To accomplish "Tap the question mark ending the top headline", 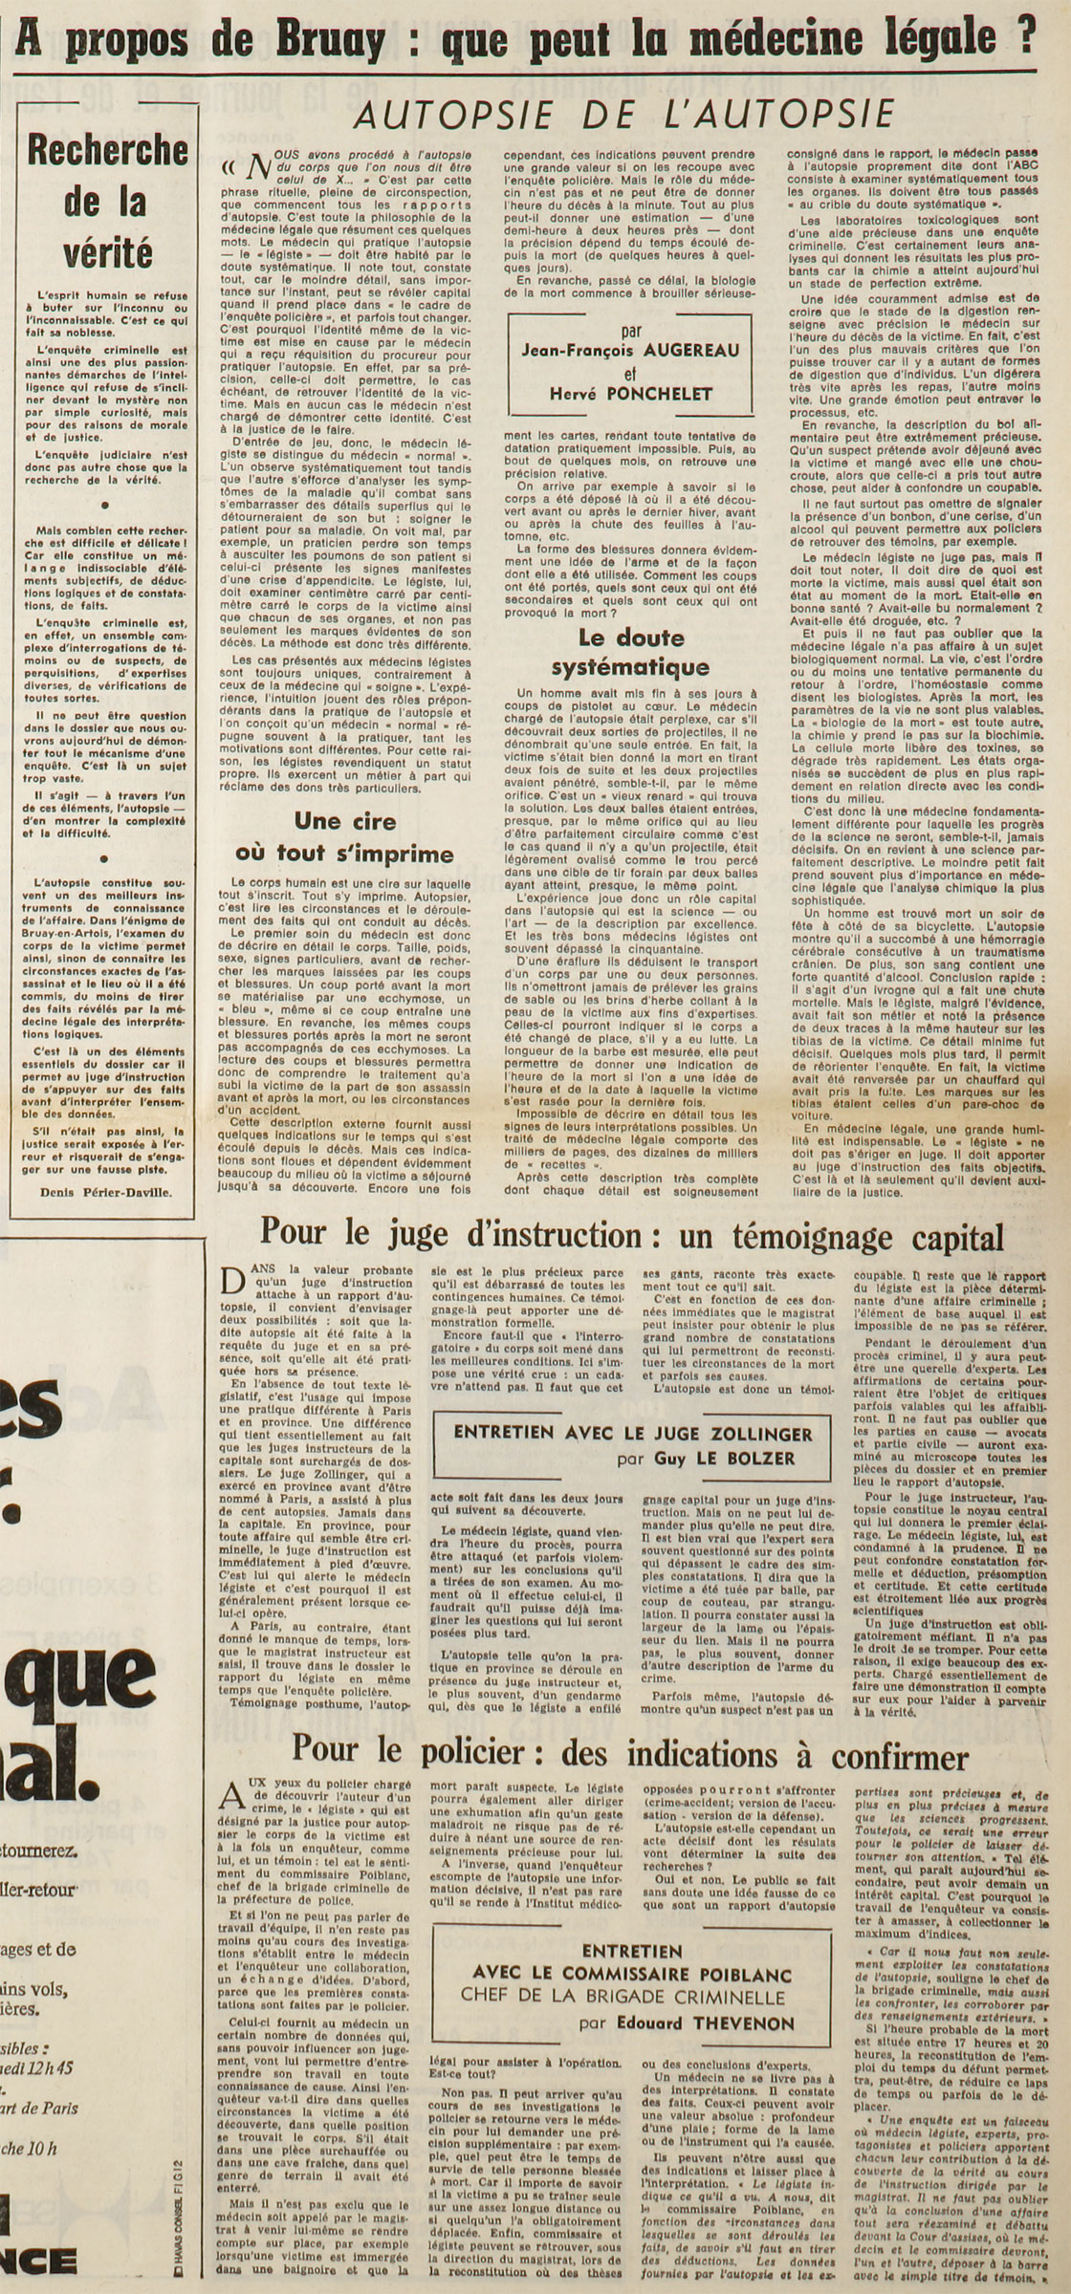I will [x=1026, y=37].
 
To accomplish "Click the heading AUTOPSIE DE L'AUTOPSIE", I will [x=623, y=115].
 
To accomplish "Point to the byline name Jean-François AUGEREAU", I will [x=630, y=351].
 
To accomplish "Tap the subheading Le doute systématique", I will [x=630, y=652].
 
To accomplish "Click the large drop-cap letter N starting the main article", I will [x=252, y=169].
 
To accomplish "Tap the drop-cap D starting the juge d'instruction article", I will [x=232, y=1280].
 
